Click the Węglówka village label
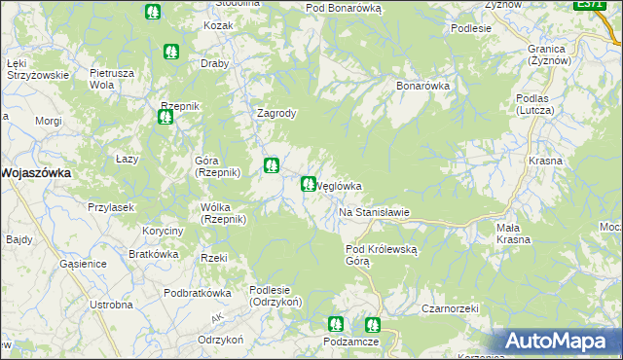[x=341, y=187]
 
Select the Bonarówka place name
[x=422, y=86]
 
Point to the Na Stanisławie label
[x=374, y=212]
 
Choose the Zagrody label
[x=275, y=113]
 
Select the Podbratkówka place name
[x=197, y=293]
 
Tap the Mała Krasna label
[x=513, y=234]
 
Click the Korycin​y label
[x=163, y=231]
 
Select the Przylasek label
[x=110, y=207]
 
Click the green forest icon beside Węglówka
[x=309, y=183]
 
